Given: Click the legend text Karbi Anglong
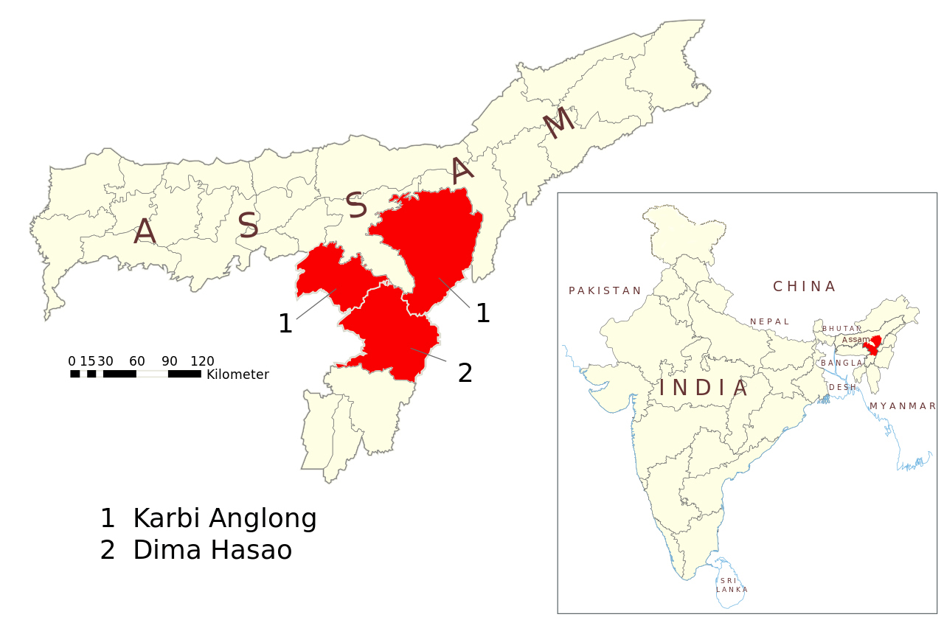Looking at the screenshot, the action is pyautogui.click(x=224, y=519).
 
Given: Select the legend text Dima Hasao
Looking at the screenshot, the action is pyautogui.click(x=212, y=551).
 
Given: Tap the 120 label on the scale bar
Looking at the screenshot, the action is pyautogui.click(x=202, y=361).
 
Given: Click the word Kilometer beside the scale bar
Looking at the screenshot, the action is pyautogui.click(x=237, y=375).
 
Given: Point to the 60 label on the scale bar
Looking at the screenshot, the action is pyautogui.click(x=137, y=361).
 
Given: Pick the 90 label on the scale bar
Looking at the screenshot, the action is pyautogui.click(x=170, y=361).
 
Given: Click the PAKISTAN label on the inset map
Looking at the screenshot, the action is pyautogui.click(x=605, y=290).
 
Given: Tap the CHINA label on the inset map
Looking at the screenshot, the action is pyautogui.click(x=804, y=286).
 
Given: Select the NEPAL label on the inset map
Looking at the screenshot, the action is pyautogui.click(x=770, y=321).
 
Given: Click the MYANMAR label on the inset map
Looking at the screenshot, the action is pyautogui.click(x=903, y=406).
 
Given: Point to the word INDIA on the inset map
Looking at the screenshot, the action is pyautogui.click(x=704, y=388).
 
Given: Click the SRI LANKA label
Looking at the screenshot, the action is pyautogui.click(x=732, y=585).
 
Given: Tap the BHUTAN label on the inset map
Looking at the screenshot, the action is pyautogui.click(x=841, y=329).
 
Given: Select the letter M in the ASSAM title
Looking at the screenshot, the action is pyautogui.click(x=558, y=122).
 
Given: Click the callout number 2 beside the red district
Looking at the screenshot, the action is pyautogui.click(x=465, y=373).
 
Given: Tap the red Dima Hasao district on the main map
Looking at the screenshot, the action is pyautogui.click(x=387, y=332).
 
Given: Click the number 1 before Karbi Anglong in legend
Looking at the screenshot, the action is pyautogui.click(x=108, y=519).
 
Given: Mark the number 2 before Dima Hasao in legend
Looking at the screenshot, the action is pyautogui.click(x=108, y=551).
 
